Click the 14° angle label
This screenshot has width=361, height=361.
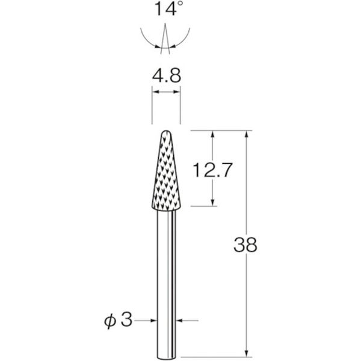point(168,8)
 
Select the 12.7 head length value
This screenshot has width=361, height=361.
point(212,170)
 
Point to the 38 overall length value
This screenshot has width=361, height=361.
point(245,244)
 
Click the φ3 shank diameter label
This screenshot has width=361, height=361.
point(119,320)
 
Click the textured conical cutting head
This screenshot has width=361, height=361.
point(166,170)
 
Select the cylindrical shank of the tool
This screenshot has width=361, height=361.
point(166,285)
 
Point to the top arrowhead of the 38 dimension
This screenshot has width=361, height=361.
point(247,134)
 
